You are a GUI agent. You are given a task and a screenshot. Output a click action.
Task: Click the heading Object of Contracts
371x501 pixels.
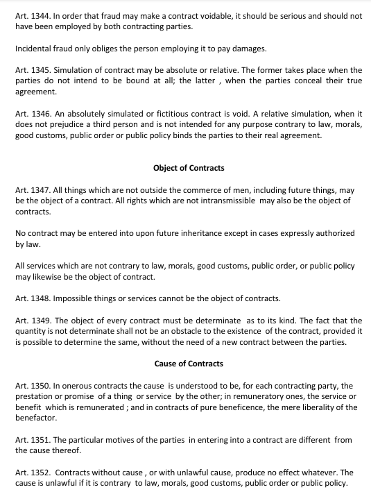189,168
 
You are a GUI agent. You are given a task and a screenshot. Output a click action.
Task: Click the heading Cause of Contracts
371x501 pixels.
188,363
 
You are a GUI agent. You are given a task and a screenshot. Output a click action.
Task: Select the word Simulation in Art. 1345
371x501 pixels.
78,70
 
